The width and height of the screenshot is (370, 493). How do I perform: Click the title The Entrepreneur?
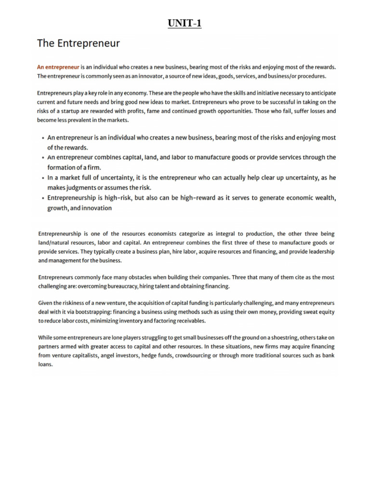click(x=79, y=44)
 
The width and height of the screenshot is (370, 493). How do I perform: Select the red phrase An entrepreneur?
click(x=58, y=68)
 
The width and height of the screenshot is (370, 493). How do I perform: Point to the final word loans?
click(x=45, y=364)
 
